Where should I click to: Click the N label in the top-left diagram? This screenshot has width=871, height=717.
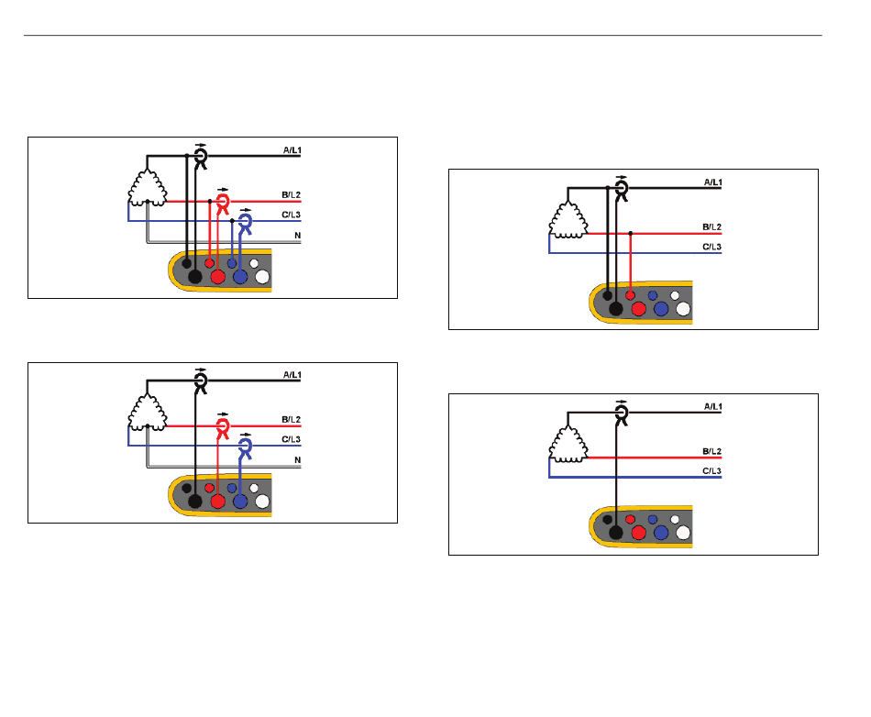[298, 236]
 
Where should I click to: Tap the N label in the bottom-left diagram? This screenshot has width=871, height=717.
[298, 460]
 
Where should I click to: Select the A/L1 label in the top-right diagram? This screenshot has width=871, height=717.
[712, 182]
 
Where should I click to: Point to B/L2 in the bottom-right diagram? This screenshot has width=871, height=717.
[712, 451]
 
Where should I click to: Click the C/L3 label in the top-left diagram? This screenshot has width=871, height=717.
[291, 215]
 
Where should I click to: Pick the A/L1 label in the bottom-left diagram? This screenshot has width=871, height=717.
[292, 375]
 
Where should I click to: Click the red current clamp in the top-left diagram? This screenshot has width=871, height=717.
[223, 204]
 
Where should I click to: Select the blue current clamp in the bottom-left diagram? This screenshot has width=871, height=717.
[245, 448]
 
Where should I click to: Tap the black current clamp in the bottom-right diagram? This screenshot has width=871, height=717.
[622, 414]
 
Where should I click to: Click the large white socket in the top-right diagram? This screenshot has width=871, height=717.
[683, 309]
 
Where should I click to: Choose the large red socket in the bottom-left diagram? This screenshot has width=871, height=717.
[218, 502]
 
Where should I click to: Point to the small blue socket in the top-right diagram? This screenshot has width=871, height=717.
[653, 295]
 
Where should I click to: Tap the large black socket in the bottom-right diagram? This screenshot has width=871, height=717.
[616, 534]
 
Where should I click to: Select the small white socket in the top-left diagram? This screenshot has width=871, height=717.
[254, 263]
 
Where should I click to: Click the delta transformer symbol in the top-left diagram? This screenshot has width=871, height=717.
[148, 188]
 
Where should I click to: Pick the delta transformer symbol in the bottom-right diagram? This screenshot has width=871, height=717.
[568, 444]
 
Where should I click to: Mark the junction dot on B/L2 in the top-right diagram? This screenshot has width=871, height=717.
[631, 233]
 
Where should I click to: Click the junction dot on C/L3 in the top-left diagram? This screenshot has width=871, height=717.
[232, 220]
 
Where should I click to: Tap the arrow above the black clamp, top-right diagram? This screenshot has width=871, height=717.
[622, 177]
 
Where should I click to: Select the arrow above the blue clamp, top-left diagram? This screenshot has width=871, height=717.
[246, 210]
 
